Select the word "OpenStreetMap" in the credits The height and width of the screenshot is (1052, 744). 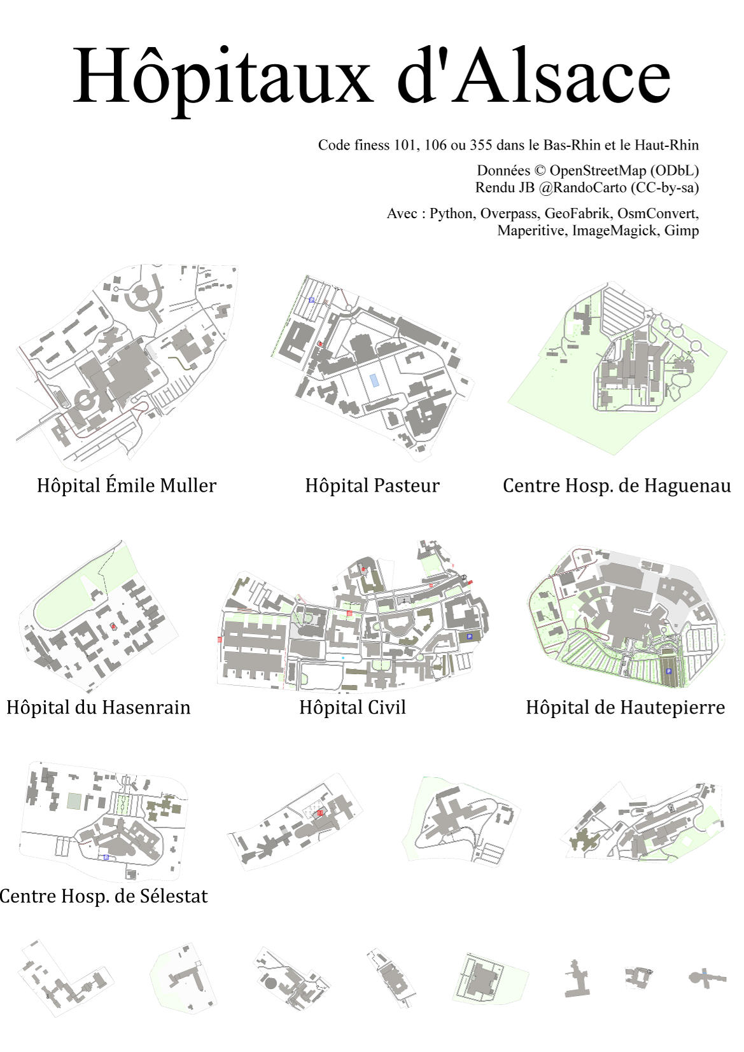pyautogui.click(x=624, y=170)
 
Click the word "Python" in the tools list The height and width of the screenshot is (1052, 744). pyautogui.click(x=451, y=213)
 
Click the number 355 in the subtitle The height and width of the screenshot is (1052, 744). pyautogui.click(x=481, y=145)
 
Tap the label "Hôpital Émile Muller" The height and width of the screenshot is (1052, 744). pyautogui.click(x=127, y=485)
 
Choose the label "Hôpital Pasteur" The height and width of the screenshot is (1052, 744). pyautogui.click(x=372, y=485)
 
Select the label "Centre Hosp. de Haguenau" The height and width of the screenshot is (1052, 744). pyautogui.click(x=616, y=485)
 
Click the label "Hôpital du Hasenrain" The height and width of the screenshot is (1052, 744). pyautogui.click(x=99, y=707)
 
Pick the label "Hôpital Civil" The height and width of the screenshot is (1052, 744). pyautogui.click(x=353, y=707)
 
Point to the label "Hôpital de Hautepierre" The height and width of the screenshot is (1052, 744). pyautogui.click(x=625, y=707)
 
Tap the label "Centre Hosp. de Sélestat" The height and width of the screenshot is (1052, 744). pyautogui.click(x=104, y=896)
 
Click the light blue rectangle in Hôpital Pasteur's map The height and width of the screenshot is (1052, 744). pyautogui.click(x=375, y=380)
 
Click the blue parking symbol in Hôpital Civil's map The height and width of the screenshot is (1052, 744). pyautogui.click(x=470, y=637)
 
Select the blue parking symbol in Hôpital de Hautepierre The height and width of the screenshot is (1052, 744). pyautogui.click(x=668, y=671)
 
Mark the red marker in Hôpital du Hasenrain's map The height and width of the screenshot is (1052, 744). pyautogui.click(x=113, y=626)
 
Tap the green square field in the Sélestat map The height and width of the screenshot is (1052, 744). pyautogui.click(x=74, y=801)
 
